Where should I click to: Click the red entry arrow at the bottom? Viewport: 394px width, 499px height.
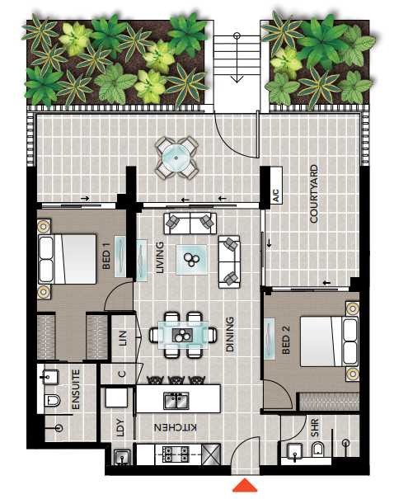pyautogui.click(x=245, y=485)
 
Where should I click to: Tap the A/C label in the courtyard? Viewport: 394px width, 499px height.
pyautogui.click(x=276, y=195)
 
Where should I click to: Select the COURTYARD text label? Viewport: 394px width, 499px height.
pyautogui.click(x=313, y=194)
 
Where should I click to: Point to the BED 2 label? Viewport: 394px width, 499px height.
pyautogui.click(x=286, y=340)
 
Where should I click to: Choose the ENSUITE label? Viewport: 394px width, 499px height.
pyautogui.click(x=76, y=389)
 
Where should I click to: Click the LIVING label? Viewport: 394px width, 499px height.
pyautogui.click(x=160, y=257)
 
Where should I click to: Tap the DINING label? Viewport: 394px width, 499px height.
pyautogui.click(x=230, y=334)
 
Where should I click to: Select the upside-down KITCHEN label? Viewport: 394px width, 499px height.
pyautogui.click(x=176, y=427)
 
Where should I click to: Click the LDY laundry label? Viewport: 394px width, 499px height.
pyautogui.click(x=120, y=427)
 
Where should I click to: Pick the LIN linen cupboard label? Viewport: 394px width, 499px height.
pyautogui.click(x=123, y=338)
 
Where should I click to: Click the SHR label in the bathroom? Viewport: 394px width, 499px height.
pyautogui.click(x=315, y=427)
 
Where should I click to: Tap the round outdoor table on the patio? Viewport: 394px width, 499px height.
pyautogui.click(x=176, y=158)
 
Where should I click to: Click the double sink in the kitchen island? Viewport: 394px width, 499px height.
pyautogui.click(x=176, y=400)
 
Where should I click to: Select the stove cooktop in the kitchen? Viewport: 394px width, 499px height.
pyautogui.click(x=176, y=454)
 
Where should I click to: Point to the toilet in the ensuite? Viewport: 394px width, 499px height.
pyautogui.click(x=53, y=400)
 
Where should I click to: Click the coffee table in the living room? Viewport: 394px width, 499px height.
pyautogui.click(x=191, y=259)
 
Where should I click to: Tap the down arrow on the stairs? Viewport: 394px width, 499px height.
pyautogui.click(x=237, y=58)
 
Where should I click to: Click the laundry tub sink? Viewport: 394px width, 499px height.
pyautogui.click(x=122, y=457)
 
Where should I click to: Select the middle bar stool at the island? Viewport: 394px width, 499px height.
pyautogui.click(x=176, y=379)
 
